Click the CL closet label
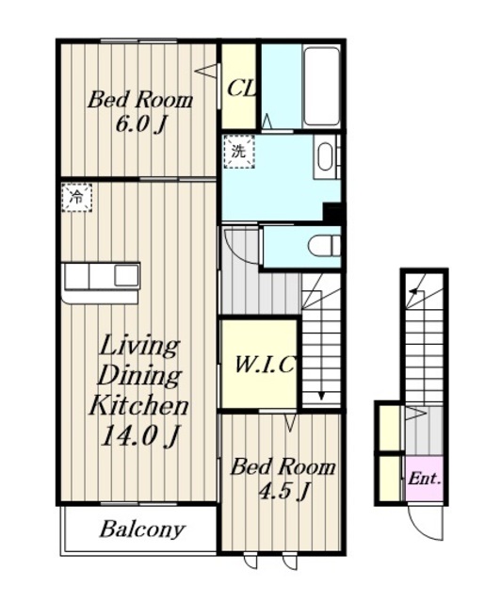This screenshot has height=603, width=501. pos(241,89)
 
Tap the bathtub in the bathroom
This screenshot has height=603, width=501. pos(321,86)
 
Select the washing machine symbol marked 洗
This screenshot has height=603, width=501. pos(239,152)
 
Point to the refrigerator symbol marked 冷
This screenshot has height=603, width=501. pos(77,198)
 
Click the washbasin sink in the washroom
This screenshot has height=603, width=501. pos(326,157)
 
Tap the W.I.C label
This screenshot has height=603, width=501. pos(266,365)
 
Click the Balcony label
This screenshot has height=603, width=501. pos(142,530)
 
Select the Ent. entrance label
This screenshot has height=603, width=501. pos(424,479)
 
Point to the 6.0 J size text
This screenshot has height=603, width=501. pos(140,124)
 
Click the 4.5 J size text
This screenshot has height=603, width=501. pos(283,491)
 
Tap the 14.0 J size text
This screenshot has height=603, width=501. pos(139,436)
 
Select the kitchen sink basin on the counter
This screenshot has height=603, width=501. pos(126,275)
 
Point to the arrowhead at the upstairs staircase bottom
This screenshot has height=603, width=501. pos(321,396)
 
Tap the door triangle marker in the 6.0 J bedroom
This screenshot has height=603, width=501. pos(206,72)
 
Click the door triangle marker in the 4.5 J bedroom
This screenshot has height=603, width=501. pos(291,422)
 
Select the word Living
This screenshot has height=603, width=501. pos(139,347)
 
